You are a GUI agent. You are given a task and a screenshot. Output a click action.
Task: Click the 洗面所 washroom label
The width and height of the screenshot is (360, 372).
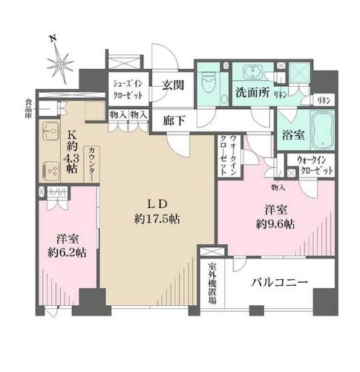tap(253, 95)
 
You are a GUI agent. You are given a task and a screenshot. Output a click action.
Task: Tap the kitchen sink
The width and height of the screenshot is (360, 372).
tap(48, 135)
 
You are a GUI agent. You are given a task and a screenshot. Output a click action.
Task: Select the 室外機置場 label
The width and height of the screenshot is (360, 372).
tap(212, 284)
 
